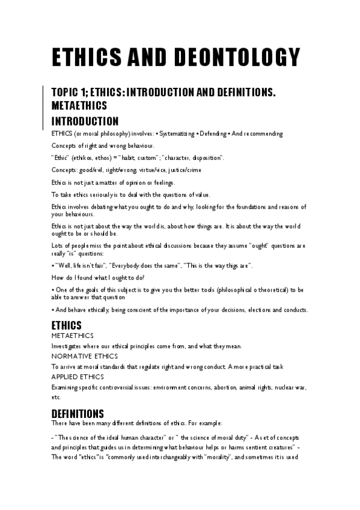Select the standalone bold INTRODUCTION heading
point(85,121)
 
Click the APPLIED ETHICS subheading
point(78,376)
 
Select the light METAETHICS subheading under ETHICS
point(73,336)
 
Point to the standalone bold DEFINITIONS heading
point(78,414)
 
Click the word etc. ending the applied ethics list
point(56,397)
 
